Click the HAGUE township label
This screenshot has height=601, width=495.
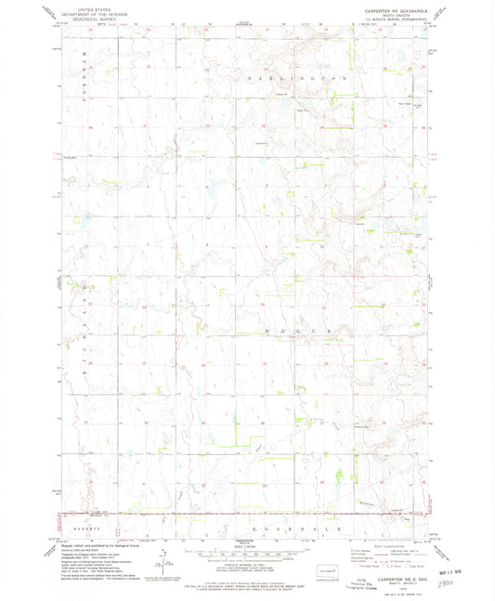(x=299, y=331)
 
